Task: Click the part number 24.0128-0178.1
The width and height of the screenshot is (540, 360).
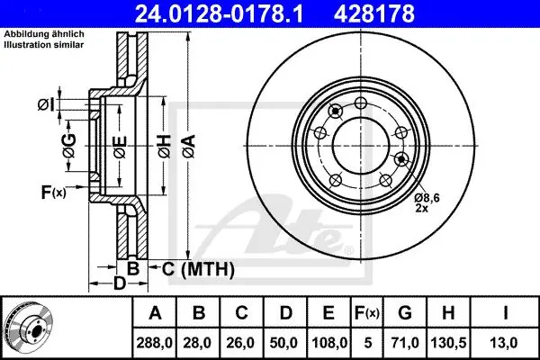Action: [x=219, y=13]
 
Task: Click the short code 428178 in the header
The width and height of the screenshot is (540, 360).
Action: [x=374, y=13]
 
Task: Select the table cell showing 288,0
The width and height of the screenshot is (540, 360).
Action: [x=154, y=343]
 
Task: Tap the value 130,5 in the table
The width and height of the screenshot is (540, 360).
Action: [x=448, y=343]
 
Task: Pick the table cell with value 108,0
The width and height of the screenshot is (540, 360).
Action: [x=328, y=343]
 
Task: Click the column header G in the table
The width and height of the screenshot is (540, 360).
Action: [x=405, y=313]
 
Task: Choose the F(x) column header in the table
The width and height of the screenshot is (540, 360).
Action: [x=367, y=313]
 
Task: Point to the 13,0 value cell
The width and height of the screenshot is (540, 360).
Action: [x=505, y=343]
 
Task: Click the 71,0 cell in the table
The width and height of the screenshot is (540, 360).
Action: [x=405, y=343]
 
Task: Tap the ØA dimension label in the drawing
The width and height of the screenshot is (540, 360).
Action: [x=189, y=147]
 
